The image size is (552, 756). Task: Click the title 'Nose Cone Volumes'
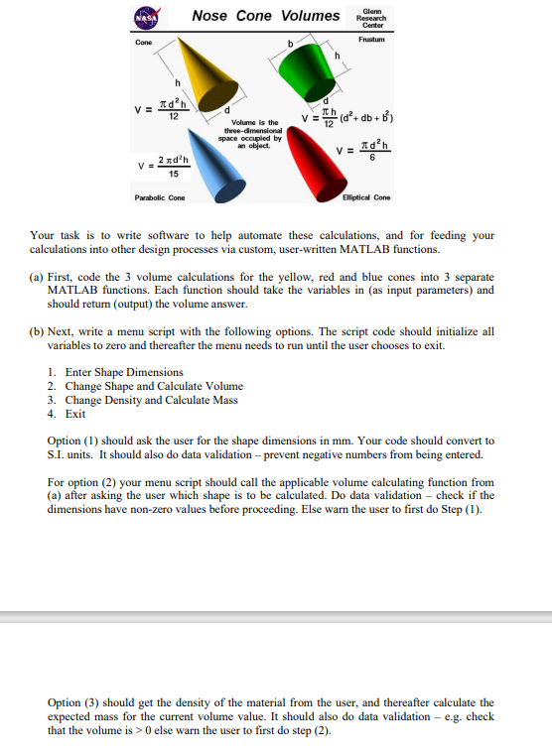tap(265, 15)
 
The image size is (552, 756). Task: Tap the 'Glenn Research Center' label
tap(372, 17)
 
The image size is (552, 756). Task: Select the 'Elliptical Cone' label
tap(366, 197)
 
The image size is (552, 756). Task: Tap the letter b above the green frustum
tap(290, 45)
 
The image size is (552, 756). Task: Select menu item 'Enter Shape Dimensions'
tap(124, 372)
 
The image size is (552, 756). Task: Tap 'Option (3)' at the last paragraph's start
tap(73, 702)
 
